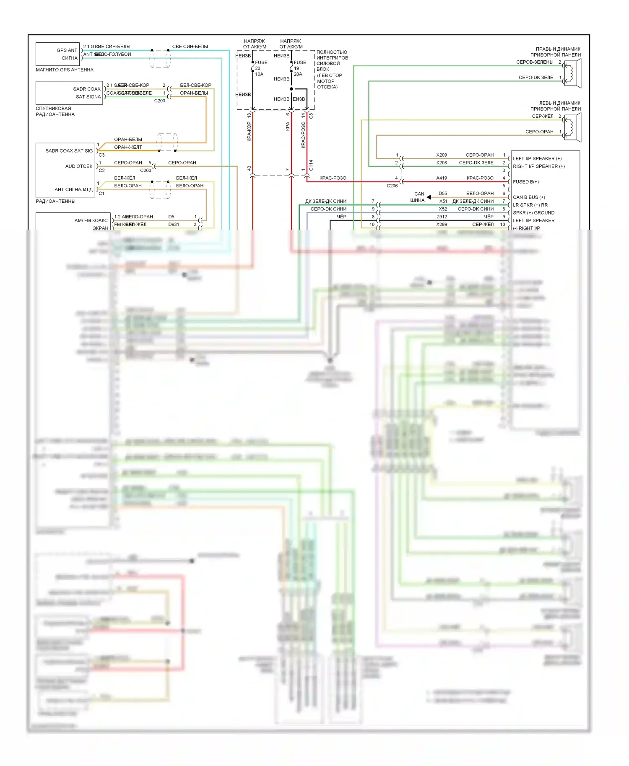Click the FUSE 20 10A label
coord(260,68)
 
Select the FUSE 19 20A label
coord(299,68)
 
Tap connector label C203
coord(160,101)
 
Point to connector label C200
coord(146,171)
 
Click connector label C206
coord(392,186)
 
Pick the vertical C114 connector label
coord(311,166)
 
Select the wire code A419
coord(442,178)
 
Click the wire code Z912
coord(442,217)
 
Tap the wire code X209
coord(442,155)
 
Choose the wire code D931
coord(174,225)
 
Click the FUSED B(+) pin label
coord(526,182)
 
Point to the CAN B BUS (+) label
coord(529,197)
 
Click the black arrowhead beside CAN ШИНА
coord(429,197)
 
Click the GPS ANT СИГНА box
coord(57,54)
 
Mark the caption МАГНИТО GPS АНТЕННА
coord(65,70)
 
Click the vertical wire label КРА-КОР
coord(249,132)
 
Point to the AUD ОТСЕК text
coord(79,166)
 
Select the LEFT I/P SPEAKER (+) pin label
coord(537,159)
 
